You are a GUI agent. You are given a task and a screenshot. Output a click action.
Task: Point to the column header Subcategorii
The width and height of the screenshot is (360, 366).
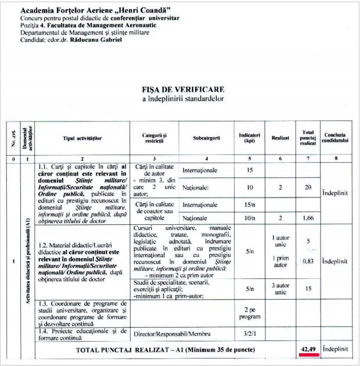207,138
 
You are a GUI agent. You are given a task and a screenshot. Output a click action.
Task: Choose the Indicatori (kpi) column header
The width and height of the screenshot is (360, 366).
249,138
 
